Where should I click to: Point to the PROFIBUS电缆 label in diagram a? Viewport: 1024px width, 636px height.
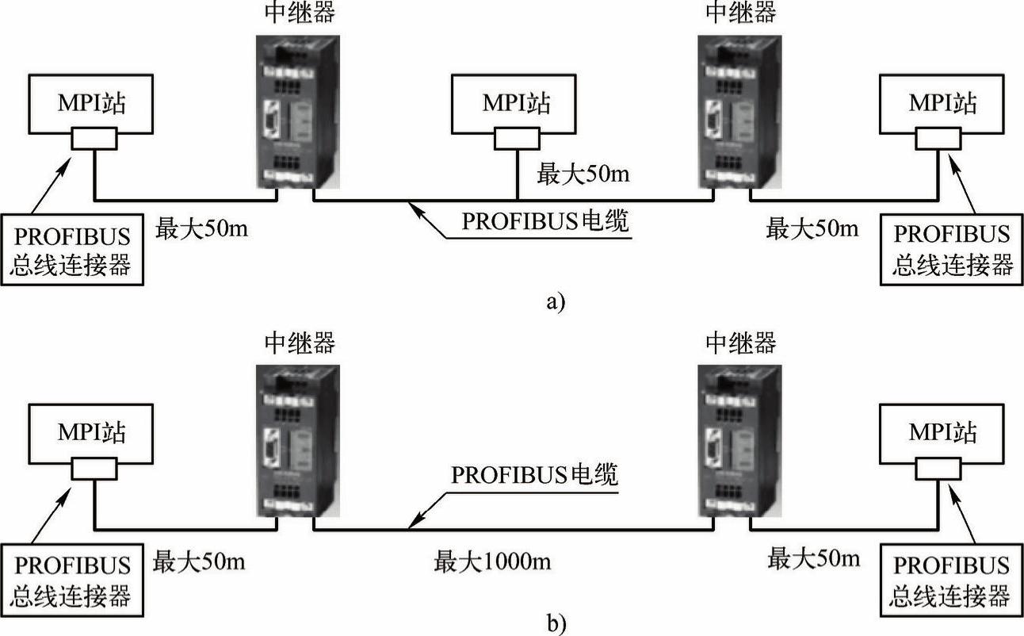point(546,220)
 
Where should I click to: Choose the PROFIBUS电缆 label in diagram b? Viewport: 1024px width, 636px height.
point(535,475)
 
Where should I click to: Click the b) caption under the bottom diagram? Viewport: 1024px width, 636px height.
point(556,624)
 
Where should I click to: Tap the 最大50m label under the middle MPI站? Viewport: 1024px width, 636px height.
point(584,173)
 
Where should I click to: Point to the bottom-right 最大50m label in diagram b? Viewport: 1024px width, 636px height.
point(813,559)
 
